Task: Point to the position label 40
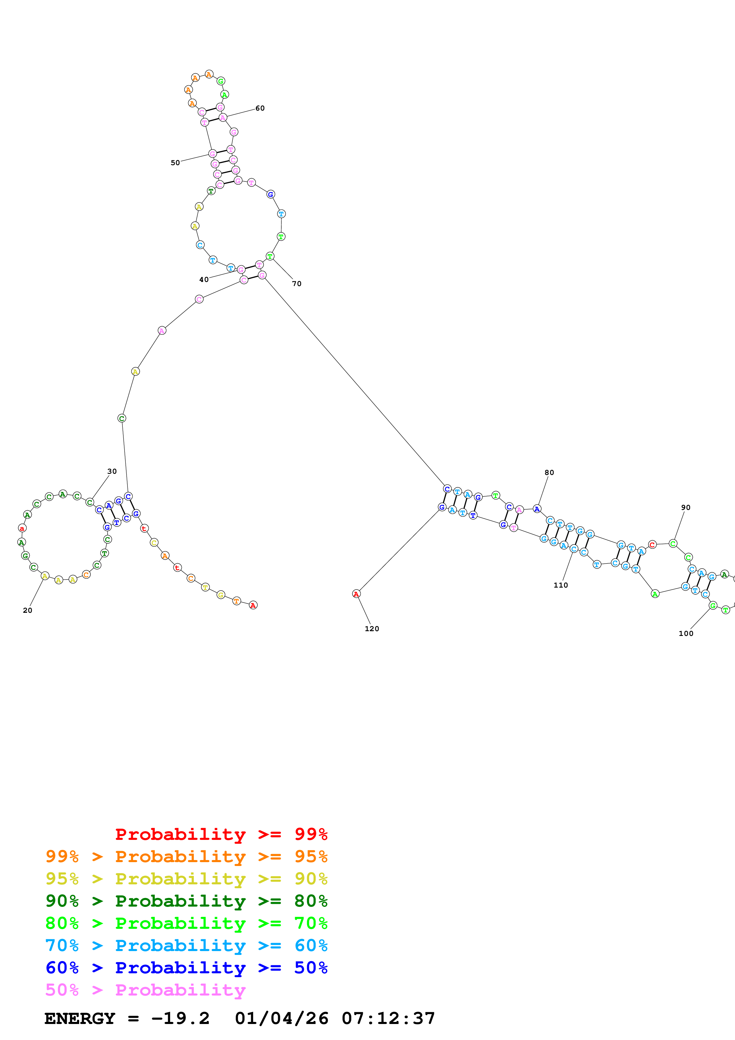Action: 204,280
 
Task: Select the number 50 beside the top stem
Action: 175,163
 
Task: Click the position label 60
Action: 260,108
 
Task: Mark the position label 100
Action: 686,634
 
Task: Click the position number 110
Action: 561,585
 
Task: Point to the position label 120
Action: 372,629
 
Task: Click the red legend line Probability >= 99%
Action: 221,834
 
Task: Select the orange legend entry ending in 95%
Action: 186,856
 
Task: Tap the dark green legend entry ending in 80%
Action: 186,901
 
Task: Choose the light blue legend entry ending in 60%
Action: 186,945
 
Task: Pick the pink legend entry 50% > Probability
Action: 145,990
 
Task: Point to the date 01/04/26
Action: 281,1019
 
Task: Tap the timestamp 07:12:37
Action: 388,1019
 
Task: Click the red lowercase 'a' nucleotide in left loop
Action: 22,529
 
